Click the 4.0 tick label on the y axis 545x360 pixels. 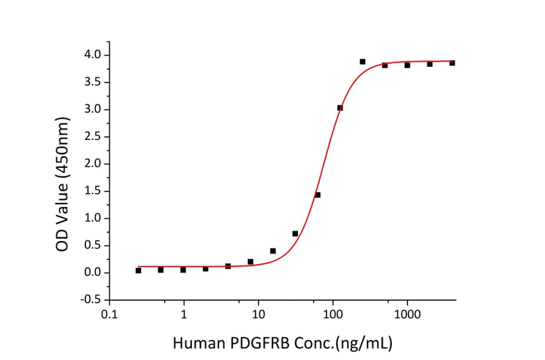coord(93,56)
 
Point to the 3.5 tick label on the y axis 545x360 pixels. coord(93,82)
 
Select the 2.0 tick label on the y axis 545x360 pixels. coord(93,164)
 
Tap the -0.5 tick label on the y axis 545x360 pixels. coord(91,300)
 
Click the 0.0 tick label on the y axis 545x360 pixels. coord(93,273)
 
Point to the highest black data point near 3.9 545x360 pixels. coord(362,61)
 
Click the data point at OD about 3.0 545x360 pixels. coord(340,108)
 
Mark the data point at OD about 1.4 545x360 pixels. coord(317,195)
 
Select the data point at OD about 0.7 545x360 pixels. coord(295,233)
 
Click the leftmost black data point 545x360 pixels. coord(138,271)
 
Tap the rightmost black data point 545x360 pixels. coord(452,62)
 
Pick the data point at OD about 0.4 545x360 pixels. coord(272,251)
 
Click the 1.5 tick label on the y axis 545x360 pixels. coord(93,192)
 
